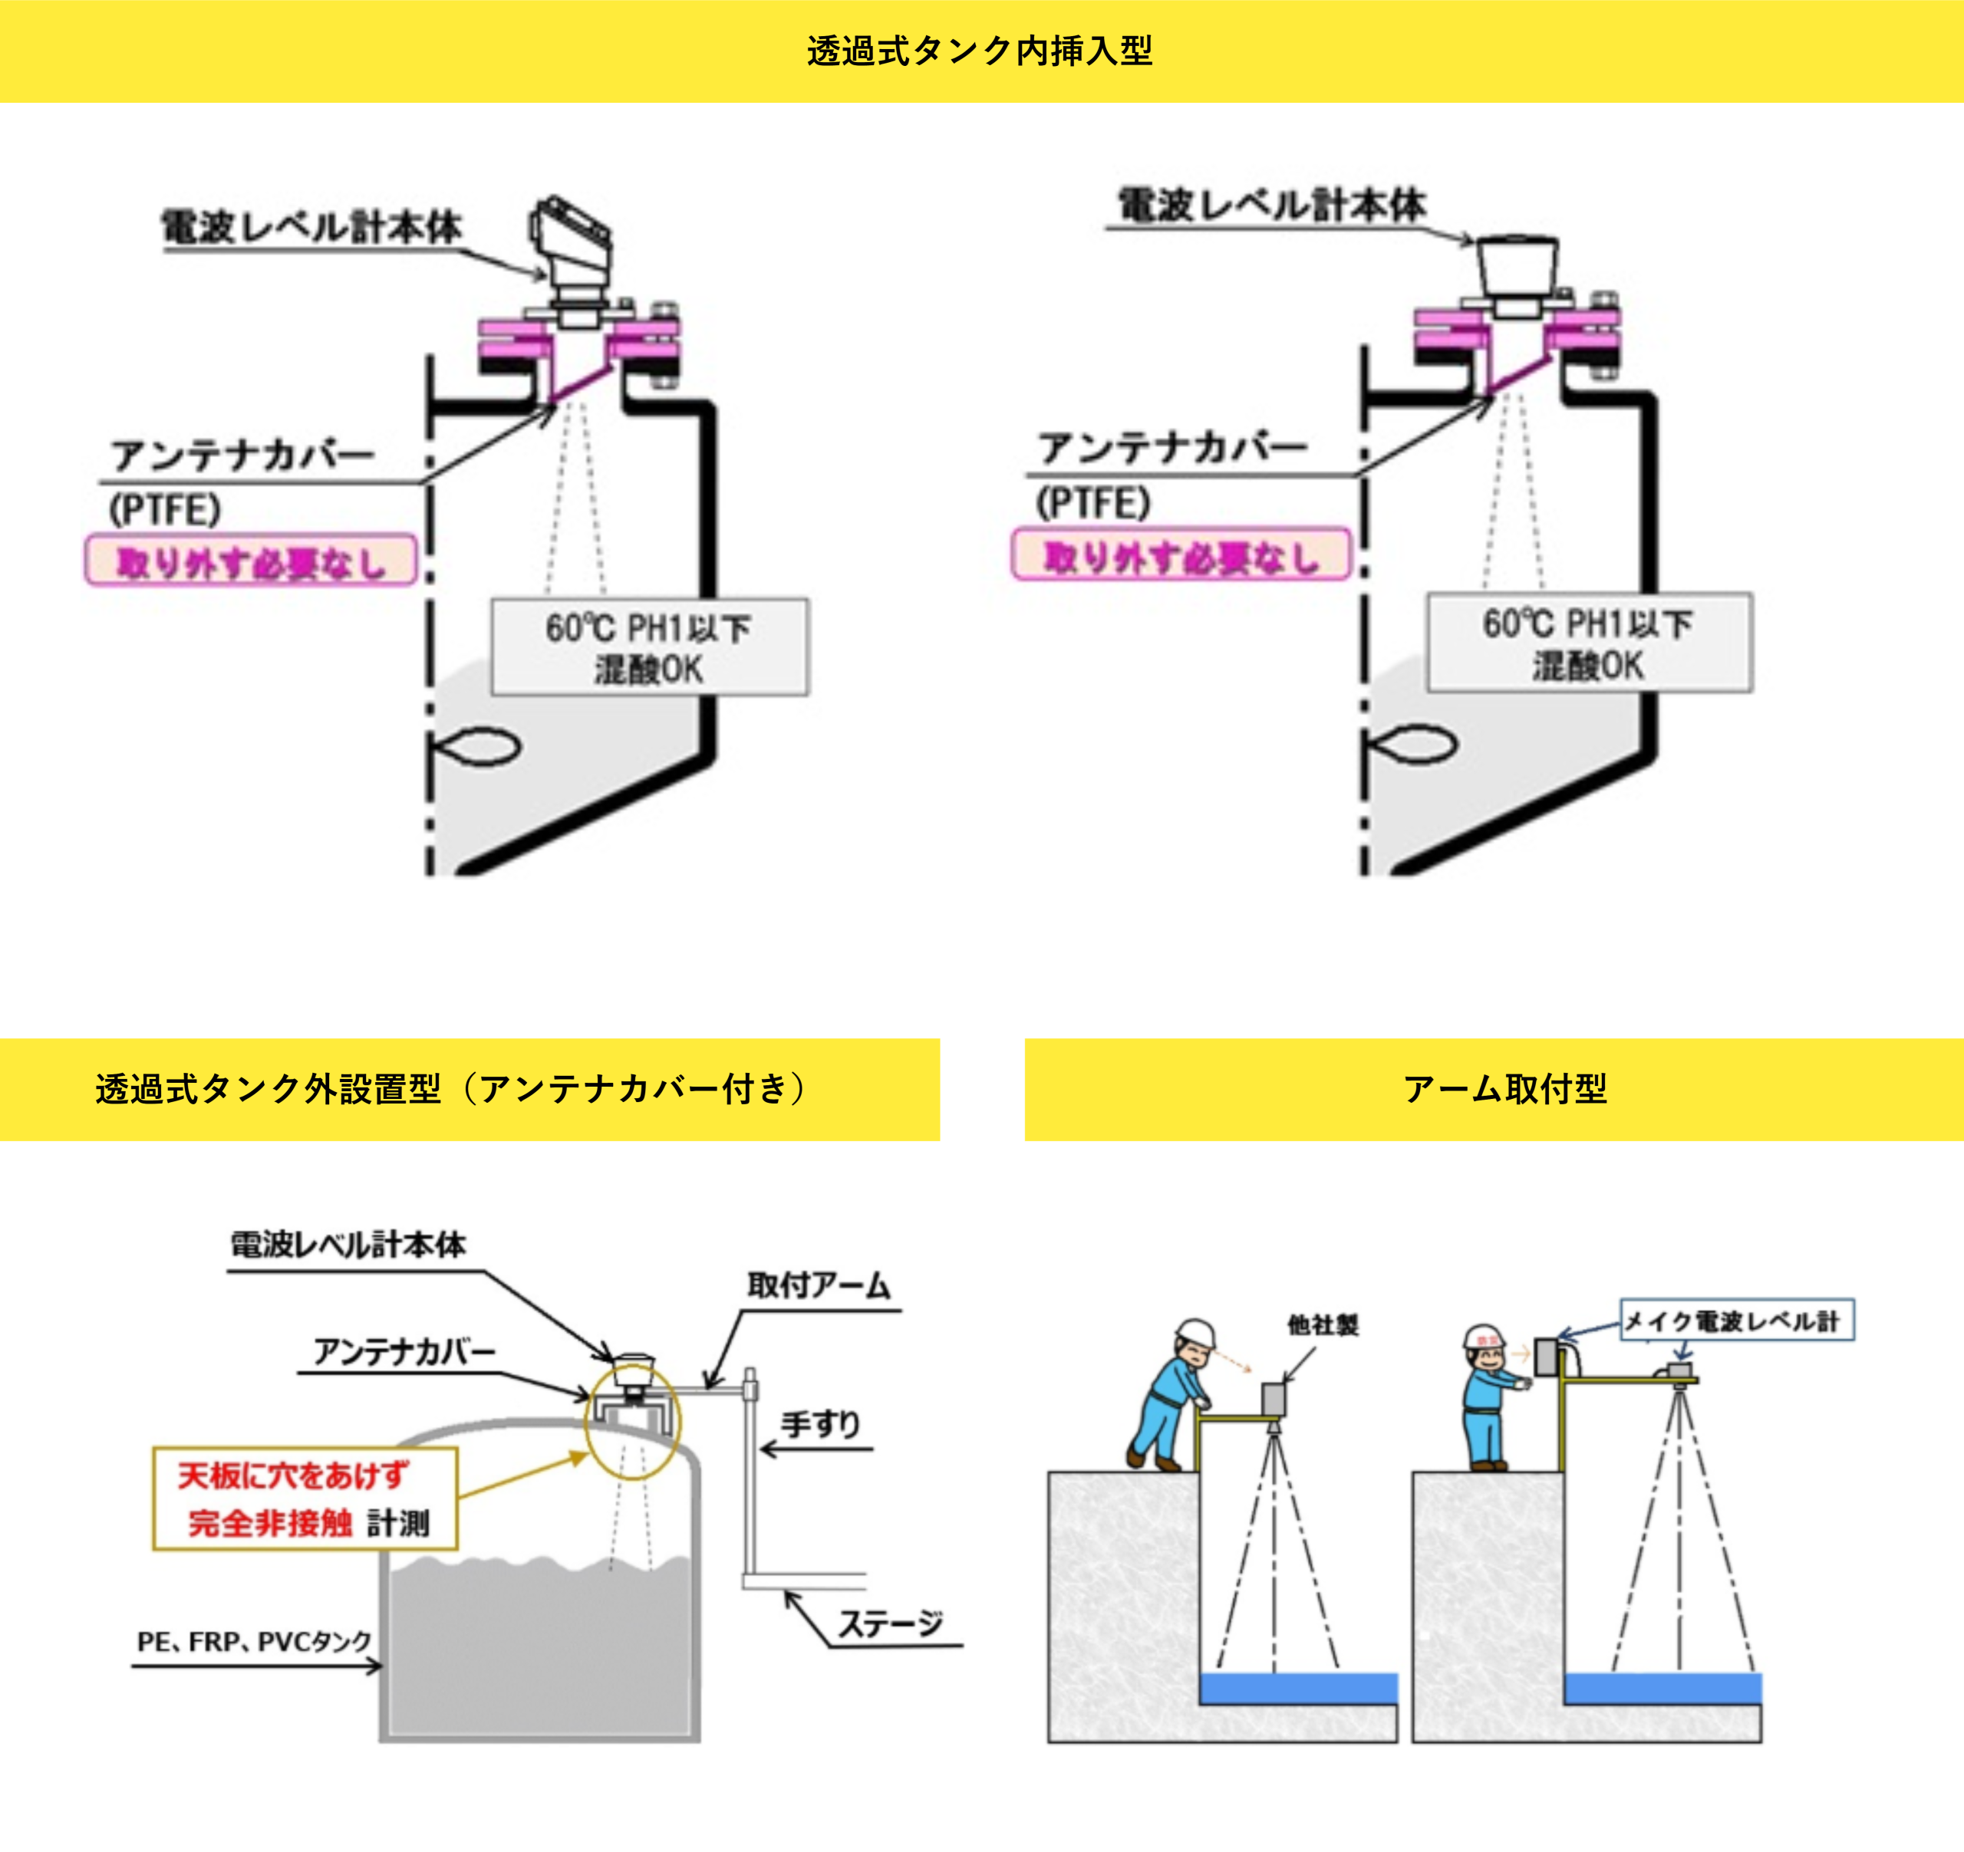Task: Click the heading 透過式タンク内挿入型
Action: click(x=980, y=51)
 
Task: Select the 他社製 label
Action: click(x=1322, y=1324)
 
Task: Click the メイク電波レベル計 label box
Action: click(x=1737, y=1320)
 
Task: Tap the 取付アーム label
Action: click(x=819, y=1285)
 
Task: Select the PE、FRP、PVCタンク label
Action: click(x=254, y=1642)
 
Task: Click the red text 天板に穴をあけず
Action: click(x=292, y=1475)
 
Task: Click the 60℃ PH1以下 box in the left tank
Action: click(x=649, y=647)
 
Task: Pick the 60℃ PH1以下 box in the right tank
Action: click(x=1589, y=643)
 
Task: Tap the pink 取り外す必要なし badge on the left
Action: click(x=251, y=561)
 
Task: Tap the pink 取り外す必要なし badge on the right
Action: click(x=1181, y=555)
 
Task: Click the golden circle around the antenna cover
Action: click(x=633, y=1420)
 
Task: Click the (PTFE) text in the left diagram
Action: click(x=164, y=510)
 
